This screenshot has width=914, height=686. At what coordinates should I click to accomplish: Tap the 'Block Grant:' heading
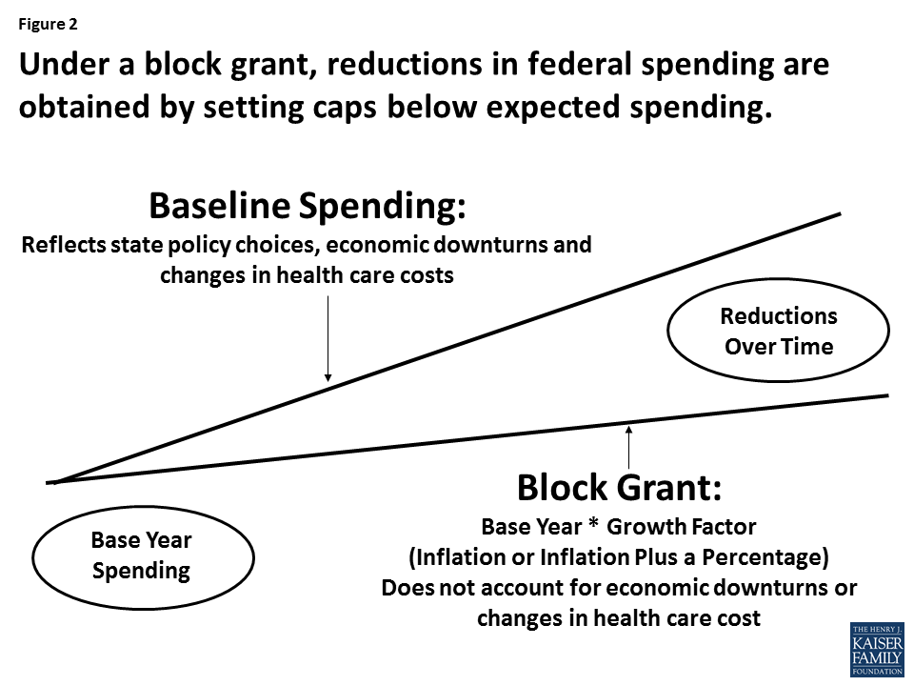coord(619,488)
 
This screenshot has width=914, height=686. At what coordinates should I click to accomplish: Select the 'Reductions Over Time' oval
coord(778,331)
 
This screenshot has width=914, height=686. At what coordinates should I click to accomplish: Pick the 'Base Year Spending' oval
coord(142,555)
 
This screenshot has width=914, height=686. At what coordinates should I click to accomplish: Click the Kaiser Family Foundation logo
coord(876,650)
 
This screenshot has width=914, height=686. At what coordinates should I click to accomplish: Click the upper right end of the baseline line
coord(838,214)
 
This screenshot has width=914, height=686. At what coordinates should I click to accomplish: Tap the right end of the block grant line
coord(885,395)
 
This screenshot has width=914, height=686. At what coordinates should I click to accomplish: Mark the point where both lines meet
coord(55,482)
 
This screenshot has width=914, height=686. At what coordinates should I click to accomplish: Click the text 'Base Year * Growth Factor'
coord(618,526)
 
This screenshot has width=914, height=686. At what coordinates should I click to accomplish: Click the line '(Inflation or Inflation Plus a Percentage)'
coord(618,556)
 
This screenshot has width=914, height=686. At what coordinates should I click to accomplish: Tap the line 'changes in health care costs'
coord(307,275)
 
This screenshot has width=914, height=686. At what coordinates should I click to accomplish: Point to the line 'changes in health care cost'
coord(618,617)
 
